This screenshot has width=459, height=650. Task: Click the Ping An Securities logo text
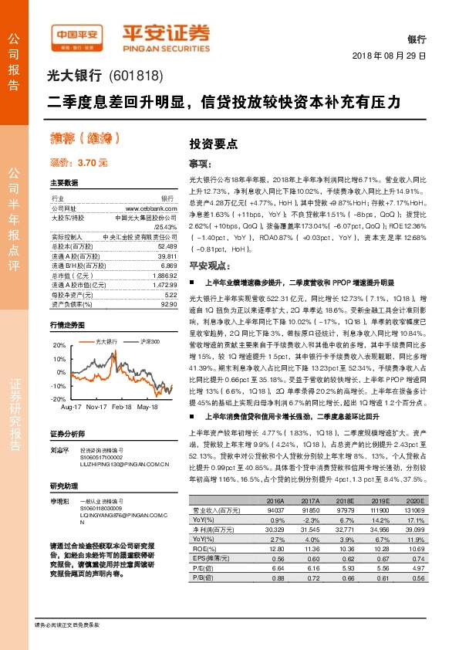(x=166, y=35)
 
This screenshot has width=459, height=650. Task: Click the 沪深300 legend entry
(x=150, y=340)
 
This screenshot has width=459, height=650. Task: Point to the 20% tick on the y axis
(x=59, y=346)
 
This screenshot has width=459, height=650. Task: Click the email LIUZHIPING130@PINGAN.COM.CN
(x=125, y=464)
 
